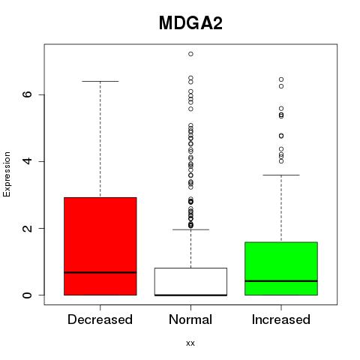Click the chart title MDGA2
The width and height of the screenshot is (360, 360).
click(x=190, y=23)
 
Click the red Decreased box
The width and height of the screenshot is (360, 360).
click(x=100, y=246)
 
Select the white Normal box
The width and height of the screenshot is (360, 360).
click(x=190, y=282)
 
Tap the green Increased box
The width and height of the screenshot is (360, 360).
click(x=281, y=268)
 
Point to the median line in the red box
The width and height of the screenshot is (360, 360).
click(x=100, y=272)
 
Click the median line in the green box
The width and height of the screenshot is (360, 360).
click(x=281, y=281)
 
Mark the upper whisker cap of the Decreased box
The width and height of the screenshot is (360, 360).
click(x=100, y=81)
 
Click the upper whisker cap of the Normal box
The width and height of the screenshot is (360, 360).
click(x=190, y=229)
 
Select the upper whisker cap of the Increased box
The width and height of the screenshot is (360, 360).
click(x=281, y=175)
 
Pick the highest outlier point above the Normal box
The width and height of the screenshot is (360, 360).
click(x=190, y=54)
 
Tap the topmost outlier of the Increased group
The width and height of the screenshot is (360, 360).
click(x=281, y=79)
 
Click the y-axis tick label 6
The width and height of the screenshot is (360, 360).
click(x=28, y=94)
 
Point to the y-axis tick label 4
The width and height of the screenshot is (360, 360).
click(x=28, y=161)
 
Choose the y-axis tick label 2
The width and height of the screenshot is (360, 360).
click(x=28, y=228)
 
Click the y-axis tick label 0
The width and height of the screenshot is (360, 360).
click(x=28, y=295)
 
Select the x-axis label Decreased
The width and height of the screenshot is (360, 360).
click(x=100, y=319)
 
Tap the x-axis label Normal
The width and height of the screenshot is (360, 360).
click(x=190, y=319)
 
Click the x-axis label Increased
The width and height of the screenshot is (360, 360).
click(x=281, y=319)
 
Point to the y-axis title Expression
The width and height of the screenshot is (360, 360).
click(x=7, y=175)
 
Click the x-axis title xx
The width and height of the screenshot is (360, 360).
click(x=190, y=343)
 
